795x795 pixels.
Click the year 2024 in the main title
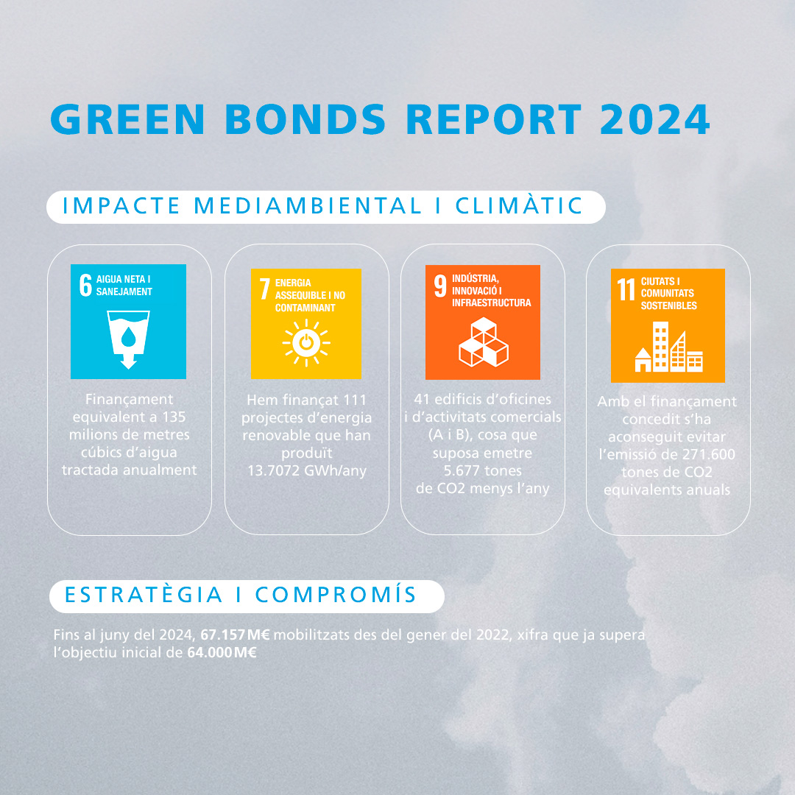pos(654,119)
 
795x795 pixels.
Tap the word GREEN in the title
pos(127,119)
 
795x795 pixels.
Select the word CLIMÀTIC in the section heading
pos(519,206)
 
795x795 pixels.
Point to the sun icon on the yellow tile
pos(306,343)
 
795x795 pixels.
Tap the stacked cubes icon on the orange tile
pos(483,342)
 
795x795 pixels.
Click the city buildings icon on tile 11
pos(668,347)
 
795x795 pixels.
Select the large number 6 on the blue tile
pos(85,285)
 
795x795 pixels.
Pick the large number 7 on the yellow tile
pos(265,289)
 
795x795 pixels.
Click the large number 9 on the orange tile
pos(440,286)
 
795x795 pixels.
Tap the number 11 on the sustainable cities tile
pos(626,289)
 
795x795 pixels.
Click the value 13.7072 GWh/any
pos(307,471)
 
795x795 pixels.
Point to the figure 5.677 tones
pos(483,471)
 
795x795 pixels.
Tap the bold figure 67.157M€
pos(236,635)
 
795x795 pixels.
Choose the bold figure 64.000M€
pos(222,652)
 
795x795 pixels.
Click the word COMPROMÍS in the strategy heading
pos(336,595)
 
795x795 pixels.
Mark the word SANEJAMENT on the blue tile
pos(124,291)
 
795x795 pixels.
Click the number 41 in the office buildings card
pos(422,400)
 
